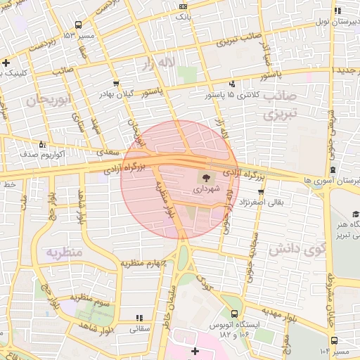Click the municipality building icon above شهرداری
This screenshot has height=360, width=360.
click(207, 177)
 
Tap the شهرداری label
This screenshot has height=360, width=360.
click(207, 189)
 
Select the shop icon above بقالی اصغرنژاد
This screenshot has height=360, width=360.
click(261, 191)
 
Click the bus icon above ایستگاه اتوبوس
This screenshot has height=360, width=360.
click(234, 314)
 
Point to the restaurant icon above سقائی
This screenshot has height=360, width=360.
click(139, 318)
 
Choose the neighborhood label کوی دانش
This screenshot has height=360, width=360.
click(295, 247)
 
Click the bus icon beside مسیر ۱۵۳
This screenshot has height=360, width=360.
click(67, 34)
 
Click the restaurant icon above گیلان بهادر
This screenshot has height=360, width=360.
click(115, 83)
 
